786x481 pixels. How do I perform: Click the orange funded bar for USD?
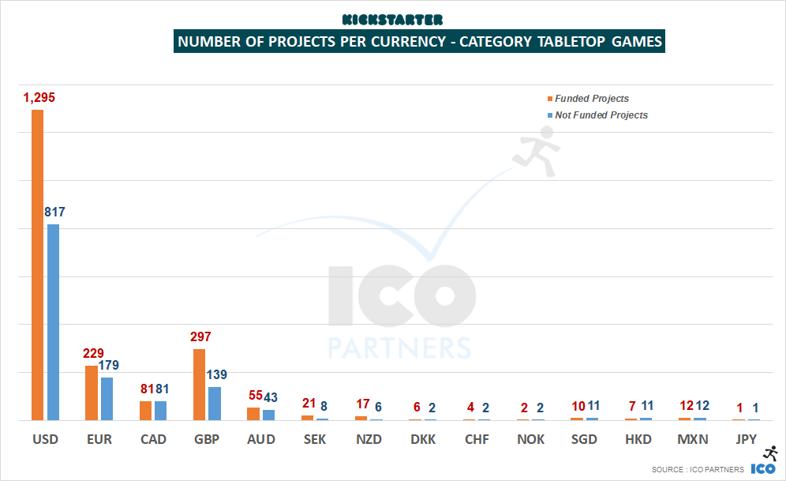(37, 265)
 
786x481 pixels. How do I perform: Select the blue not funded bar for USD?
(53, 321)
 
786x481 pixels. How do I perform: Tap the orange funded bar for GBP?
(199, 384)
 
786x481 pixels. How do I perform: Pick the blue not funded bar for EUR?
(107, 398)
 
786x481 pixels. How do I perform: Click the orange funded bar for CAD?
(145, 410)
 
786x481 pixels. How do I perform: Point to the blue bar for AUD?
(268, 415)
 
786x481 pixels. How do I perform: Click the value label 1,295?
(39, 98)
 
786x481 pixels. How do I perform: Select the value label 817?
(54, 212)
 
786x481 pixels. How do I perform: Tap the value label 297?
(200, 337)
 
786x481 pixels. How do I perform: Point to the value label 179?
(109, 365)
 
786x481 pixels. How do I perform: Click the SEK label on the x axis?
(315, 439)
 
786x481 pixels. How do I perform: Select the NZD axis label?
(369, 439)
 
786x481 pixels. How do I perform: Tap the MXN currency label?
(692, 439)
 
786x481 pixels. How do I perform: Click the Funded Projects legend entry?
(591, 99)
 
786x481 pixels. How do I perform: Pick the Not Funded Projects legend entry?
(601, 115)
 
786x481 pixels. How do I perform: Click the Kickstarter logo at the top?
(392, 19)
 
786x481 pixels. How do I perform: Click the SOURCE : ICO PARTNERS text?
(697, 470)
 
